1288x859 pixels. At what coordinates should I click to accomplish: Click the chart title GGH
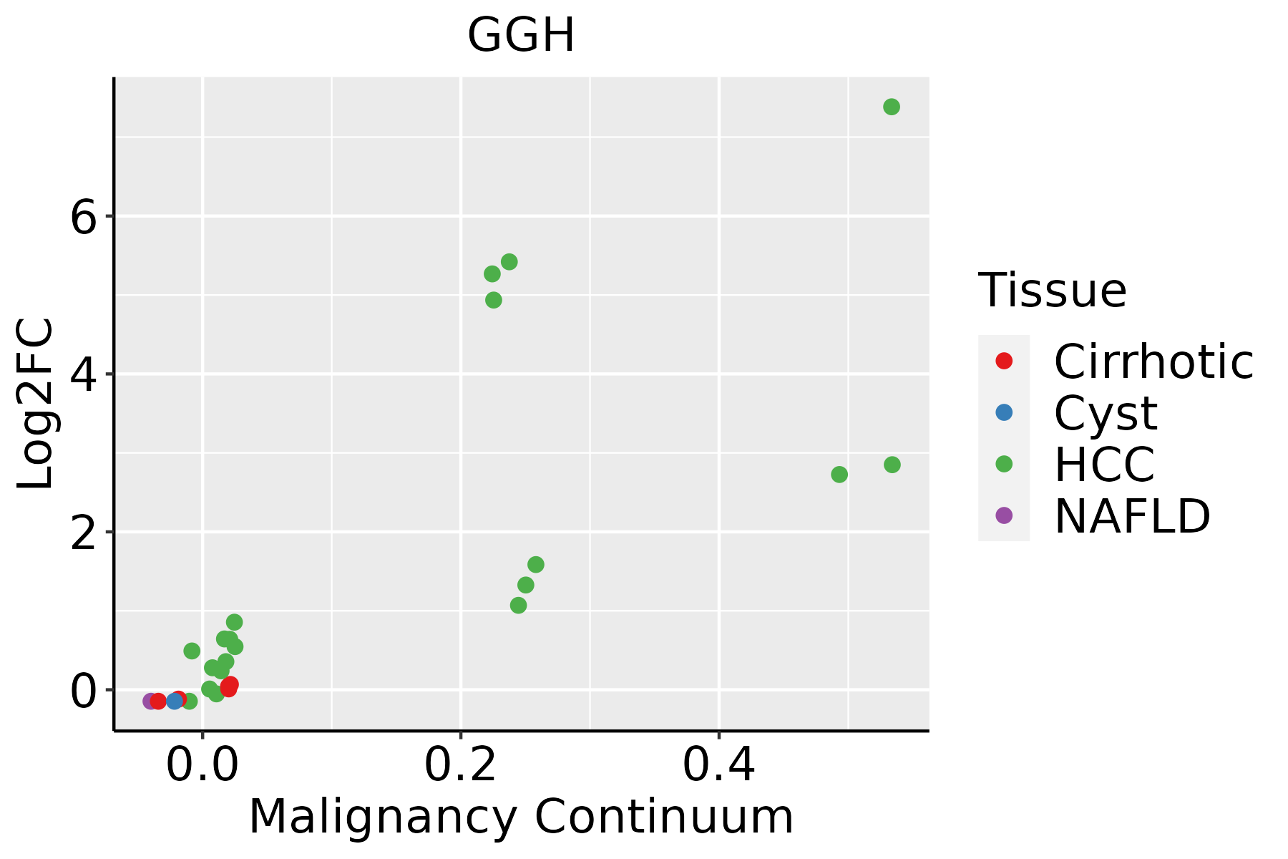point(520,36)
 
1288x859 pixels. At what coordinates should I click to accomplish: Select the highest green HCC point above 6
point(891,107)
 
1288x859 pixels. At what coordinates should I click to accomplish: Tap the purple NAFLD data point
point(150,701)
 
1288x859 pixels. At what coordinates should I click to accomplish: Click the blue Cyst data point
point(175,701)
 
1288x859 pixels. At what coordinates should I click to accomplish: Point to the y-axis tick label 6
point(83,217)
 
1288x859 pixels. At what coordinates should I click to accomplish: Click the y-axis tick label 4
point(83,374)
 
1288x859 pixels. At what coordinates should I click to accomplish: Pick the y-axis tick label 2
point(83,533)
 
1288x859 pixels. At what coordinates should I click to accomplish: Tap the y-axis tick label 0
point(83,691)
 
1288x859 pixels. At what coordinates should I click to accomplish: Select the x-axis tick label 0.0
point(203,766)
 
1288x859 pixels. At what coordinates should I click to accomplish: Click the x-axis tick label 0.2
point(461,766)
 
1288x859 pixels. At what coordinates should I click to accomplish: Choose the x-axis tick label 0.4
point(718,766)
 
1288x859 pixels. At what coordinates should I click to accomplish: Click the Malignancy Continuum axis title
point(520,817)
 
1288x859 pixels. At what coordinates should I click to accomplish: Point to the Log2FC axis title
point(36,404)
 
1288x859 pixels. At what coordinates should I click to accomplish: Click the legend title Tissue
point(1052,291)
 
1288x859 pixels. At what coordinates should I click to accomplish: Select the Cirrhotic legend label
point(1153,361)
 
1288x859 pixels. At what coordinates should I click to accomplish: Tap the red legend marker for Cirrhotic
point(1004,361)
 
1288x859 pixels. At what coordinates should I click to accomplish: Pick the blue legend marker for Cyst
point(1004,412)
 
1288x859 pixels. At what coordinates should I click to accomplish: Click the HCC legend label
point(1104,465)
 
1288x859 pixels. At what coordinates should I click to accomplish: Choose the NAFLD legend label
point(1132,516)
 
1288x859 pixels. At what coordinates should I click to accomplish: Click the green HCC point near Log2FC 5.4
point(509,262)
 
